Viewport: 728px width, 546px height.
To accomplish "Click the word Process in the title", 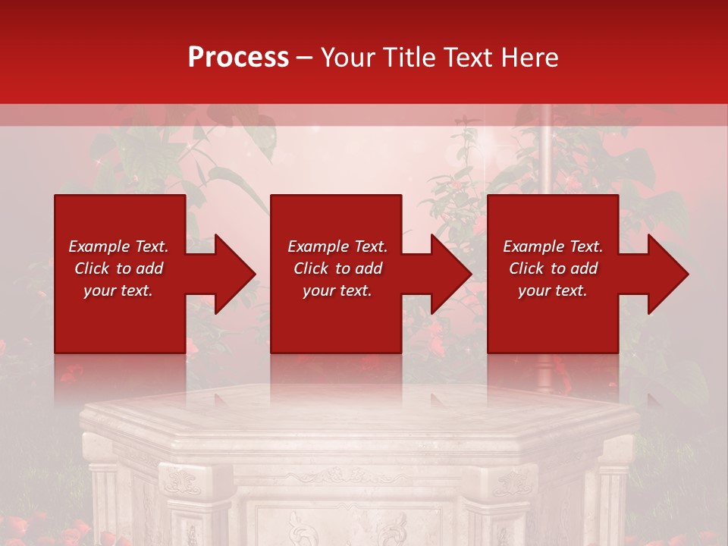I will (238, 58).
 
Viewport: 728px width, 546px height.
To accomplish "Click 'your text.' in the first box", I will (118, 290).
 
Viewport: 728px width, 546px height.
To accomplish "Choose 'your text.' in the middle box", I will (337, 290).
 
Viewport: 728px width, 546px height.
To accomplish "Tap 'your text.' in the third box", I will (553, 290).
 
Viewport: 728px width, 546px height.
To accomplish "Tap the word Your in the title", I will (348, 58).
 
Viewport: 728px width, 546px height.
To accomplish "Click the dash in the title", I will (305, 58).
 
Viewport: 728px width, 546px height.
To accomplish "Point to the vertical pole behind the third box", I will (544, 152).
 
